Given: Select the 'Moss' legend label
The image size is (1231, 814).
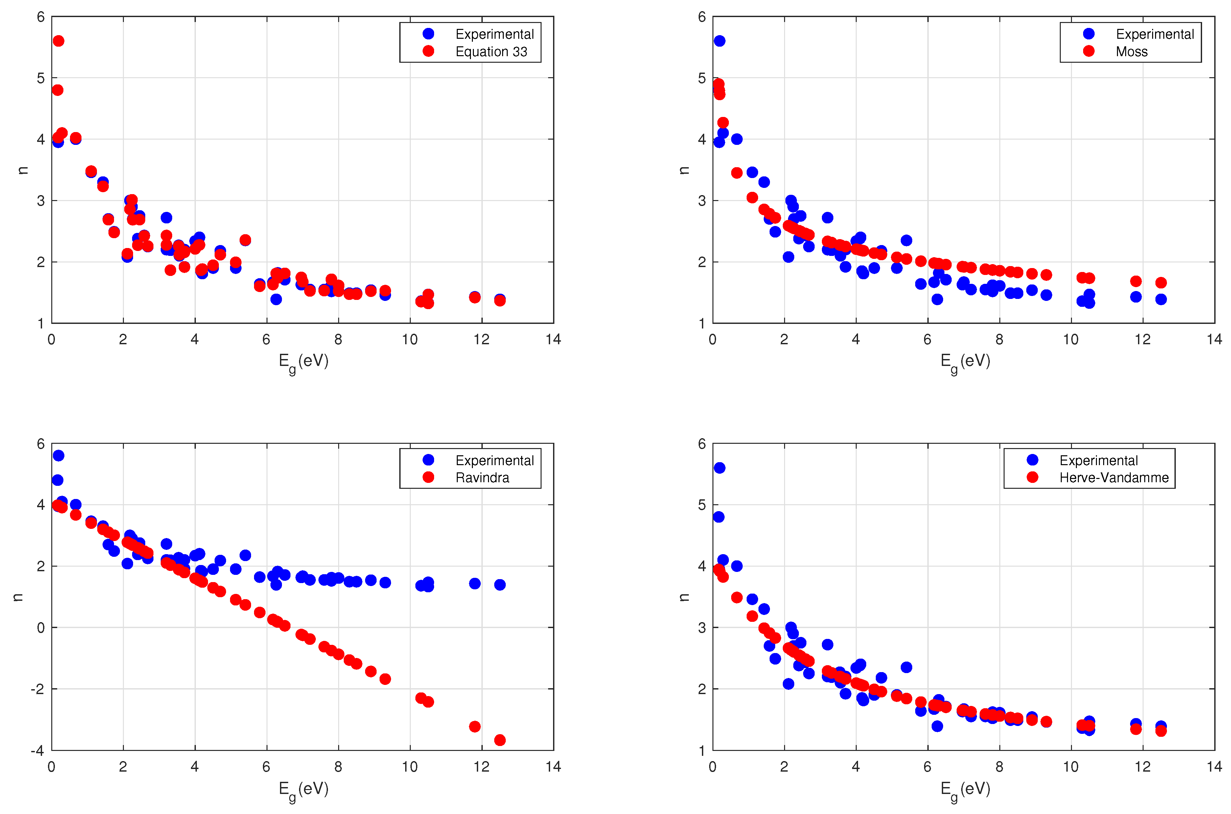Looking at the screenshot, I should pos(1131,51).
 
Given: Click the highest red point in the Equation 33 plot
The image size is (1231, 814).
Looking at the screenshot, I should pos(59,41).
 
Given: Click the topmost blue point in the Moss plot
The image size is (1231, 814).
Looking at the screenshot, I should pos(719,41).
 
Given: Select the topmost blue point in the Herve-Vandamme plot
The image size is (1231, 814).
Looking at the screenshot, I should pos(719,468).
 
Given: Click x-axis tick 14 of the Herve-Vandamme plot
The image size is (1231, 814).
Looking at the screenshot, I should pos(1214,767).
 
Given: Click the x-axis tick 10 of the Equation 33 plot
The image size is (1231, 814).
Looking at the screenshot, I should pos(410,340).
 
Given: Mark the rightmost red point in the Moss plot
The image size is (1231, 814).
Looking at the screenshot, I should pos(1161,283).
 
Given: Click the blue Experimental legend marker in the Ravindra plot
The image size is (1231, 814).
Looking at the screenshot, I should pos(428,460).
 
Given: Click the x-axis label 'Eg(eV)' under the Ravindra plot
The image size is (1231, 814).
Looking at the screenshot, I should pos(303,789).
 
